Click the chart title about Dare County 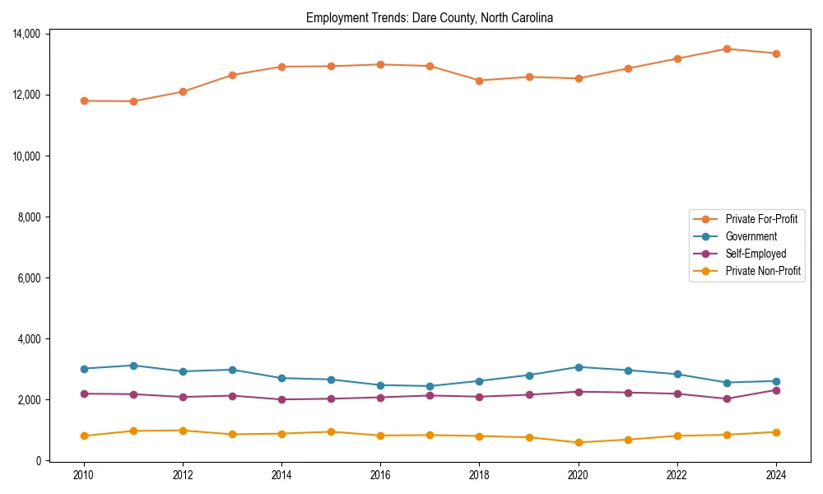pyautogui.click(x=430, y=17)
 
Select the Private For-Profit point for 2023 pyautogui.click(x=727, y=49)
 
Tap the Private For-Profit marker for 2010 pyautogui.click(x=84, y=100)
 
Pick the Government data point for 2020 pyautogui.click(x=579, y=367)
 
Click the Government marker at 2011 pyautogui.click(x=133, y=366)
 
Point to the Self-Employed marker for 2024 pyautogui.click(x=776, y=390)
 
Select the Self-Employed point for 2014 pyautogui.click(x=281, y=399)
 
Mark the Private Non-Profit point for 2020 pyautogui.click(x=579, y=442)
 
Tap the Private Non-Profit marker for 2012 pyautogui.click(x=183, y=431)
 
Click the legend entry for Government pyautogui.click(x=751, y=236)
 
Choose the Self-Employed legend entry pyautogui.click(x=756, y=254)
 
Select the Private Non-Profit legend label pyautogui.click(x=763, y=271)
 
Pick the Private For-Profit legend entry pyautogui.click(x=761, y=219)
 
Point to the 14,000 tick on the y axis pyautogui.click(x=26, y=34)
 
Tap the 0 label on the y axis pyautogui.click(x=39, y=461)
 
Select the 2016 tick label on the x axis pyautogui.click(x=380, y=475)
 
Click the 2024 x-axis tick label pyautogui.click(x=776, y=475)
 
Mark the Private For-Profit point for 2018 pyautogui.click(x=480, y=81)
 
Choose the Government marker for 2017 pyautogui.click(x=430, y=386)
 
